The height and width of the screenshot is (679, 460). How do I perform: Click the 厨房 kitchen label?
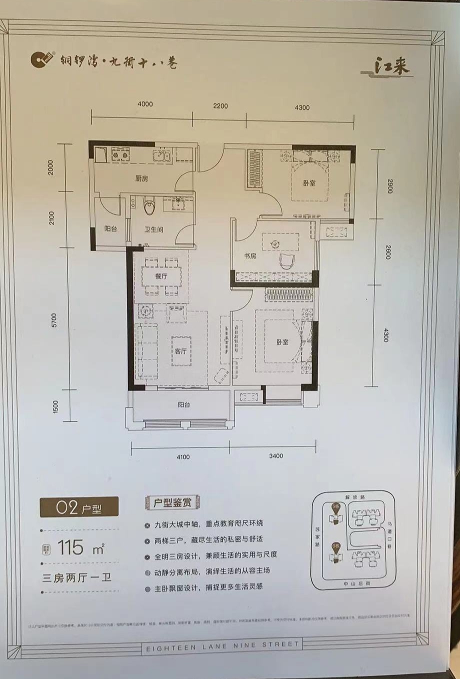point(141,178)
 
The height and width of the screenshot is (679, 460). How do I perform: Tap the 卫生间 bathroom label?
point(154,229)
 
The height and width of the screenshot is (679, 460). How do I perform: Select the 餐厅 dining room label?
point(160,276)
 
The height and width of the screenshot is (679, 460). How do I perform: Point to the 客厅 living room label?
point(180,351)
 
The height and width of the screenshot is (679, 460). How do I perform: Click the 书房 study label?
point(250,255)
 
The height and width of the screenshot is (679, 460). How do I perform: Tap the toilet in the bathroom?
point(148,204)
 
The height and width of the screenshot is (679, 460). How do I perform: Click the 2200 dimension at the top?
point(220,106)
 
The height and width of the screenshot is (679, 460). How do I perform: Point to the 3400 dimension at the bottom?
point(275,455)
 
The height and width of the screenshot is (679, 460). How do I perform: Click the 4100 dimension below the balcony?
point(182,456)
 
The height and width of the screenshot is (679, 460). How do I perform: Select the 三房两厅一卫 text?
point(76,578)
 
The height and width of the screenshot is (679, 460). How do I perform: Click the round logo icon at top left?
point(39,60)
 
